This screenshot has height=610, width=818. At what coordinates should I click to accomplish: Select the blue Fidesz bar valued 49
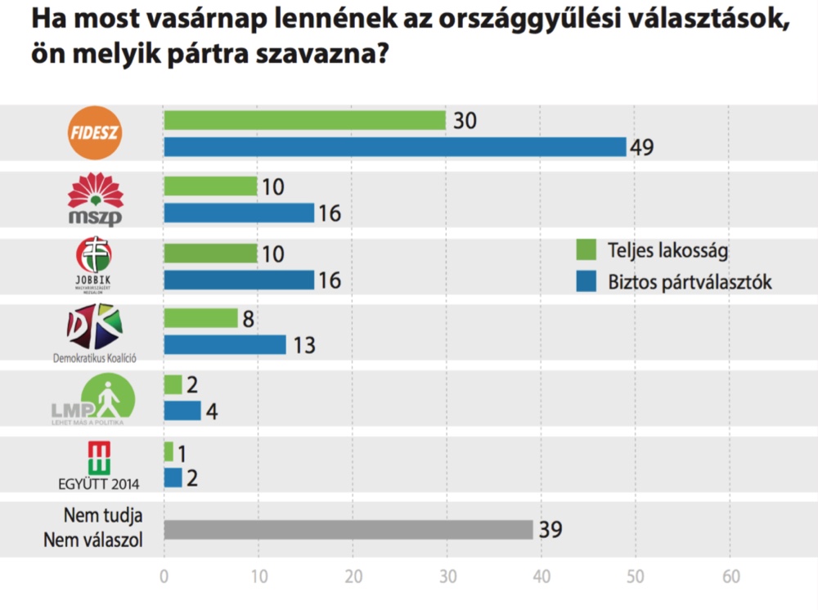pos(394,146)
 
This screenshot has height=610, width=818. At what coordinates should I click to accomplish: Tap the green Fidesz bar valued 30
pos(304,120)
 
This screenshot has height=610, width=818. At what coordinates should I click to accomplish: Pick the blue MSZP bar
pos(239,213)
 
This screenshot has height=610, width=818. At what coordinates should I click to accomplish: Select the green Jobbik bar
pos(210,253)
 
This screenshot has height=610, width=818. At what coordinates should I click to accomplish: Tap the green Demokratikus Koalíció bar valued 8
pos(200,318)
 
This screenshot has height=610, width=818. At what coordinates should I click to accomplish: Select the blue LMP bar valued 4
pos(182,410)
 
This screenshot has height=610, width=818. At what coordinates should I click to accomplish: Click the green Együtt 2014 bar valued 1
pos(169,451)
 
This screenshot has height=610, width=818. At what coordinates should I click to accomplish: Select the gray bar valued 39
pos(348,530)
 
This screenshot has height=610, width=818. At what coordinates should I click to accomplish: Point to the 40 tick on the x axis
pos(541,575)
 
